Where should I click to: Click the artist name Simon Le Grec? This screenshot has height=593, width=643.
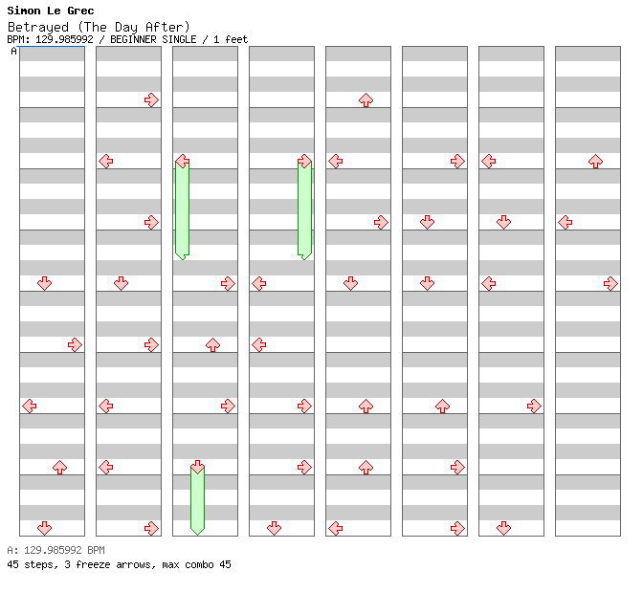51,11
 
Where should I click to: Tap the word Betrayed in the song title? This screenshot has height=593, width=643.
38,28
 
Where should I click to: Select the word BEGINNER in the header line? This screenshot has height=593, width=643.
133,39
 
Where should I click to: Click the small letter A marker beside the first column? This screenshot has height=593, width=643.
14,52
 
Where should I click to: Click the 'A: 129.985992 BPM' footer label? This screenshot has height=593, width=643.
55,550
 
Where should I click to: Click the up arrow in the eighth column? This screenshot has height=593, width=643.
595,161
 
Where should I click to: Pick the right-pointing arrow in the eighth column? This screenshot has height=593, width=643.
610,284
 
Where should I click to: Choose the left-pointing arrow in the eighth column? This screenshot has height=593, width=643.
565,223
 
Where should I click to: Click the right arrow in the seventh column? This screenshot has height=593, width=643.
534,406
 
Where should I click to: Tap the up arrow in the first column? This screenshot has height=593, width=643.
60,467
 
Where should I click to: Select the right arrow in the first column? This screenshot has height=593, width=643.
75,345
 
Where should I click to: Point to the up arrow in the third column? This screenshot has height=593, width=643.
212,345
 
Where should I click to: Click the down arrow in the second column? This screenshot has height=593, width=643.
121,284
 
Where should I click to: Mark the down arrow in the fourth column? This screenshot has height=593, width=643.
274,528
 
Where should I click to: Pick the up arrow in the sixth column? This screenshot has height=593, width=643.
442,406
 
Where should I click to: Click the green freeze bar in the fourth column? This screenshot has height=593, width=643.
304,210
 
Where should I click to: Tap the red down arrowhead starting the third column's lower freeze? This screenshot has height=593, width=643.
198,467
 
